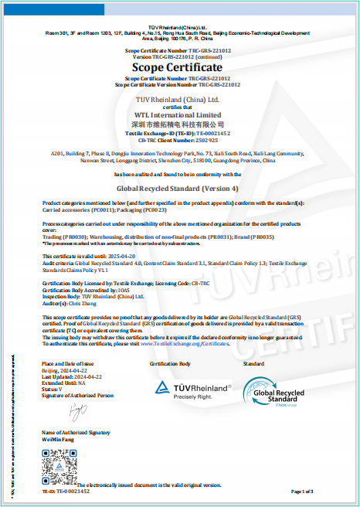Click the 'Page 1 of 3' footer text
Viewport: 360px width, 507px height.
pos(302,492)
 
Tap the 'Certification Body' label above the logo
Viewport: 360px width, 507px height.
pos(169,362)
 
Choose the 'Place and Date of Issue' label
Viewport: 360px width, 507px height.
pos(67,362)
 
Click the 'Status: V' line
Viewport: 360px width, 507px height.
pos(53,389)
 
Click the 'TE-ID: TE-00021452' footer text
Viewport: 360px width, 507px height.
pos(66,492)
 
